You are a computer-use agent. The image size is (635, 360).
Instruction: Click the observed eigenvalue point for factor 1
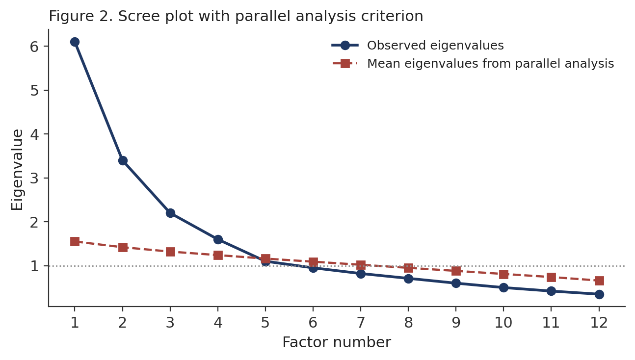(x=75, y=42)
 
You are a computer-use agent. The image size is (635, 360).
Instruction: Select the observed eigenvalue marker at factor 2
(x=123, y=160)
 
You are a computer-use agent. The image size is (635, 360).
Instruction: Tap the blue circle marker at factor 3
(x=170, y=213)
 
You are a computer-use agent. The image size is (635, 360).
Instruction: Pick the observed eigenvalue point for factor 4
(x=218, y=239)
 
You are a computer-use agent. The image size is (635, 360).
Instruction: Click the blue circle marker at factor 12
(x=599, y=294)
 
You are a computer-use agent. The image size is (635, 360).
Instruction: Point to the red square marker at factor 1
(x=75, y=242)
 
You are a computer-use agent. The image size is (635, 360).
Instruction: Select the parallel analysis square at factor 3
(x=170, y=252)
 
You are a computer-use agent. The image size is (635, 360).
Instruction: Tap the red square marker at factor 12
(x=599, y=281)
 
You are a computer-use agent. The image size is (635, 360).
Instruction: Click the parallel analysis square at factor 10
(x=503, y=274)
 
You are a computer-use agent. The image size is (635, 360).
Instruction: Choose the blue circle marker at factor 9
(x=456, y=283)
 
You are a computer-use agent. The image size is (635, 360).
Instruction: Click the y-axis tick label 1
(x=34, y=266)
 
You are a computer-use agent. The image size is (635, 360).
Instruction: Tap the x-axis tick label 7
(x=361, y=322)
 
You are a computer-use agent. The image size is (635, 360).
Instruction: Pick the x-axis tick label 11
(x=551, y=322)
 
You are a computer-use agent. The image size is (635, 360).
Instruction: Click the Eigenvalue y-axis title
(x=17, y=170)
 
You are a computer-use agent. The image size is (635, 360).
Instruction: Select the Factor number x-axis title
(x=337, y=342)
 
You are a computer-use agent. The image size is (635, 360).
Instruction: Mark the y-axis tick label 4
(x=34, y=134)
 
